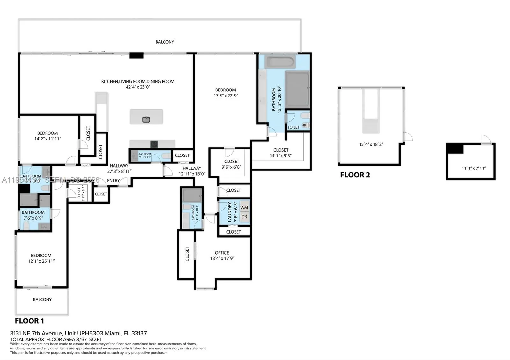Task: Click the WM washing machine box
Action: [x=244, y=208]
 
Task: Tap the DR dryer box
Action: [x=244, y=217]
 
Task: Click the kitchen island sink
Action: [x=146, y=119]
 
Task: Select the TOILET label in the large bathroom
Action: [x=294, y=127]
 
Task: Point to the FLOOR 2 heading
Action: [x=355, y=175]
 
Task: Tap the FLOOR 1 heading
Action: [x=29, y=321]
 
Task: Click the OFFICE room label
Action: [x=222, y=253]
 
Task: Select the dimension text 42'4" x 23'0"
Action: [x=138, y=87]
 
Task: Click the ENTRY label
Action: [x=113, y=181]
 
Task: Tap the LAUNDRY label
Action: [x=230, y=212]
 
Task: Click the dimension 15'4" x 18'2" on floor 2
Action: [x=371, y=144]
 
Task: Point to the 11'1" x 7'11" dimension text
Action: [x=474, y=168]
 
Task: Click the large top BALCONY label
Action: [x=165, y=42]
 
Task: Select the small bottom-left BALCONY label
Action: [x=42, y=299]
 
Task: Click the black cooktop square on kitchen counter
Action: [x=154, y=144]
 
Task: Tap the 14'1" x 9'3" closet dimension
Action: [x=281, y=156]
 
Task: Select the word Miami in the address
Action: [x=113, y=333]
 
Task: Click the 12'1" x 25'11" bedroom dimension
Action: [x=41, y=261]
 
